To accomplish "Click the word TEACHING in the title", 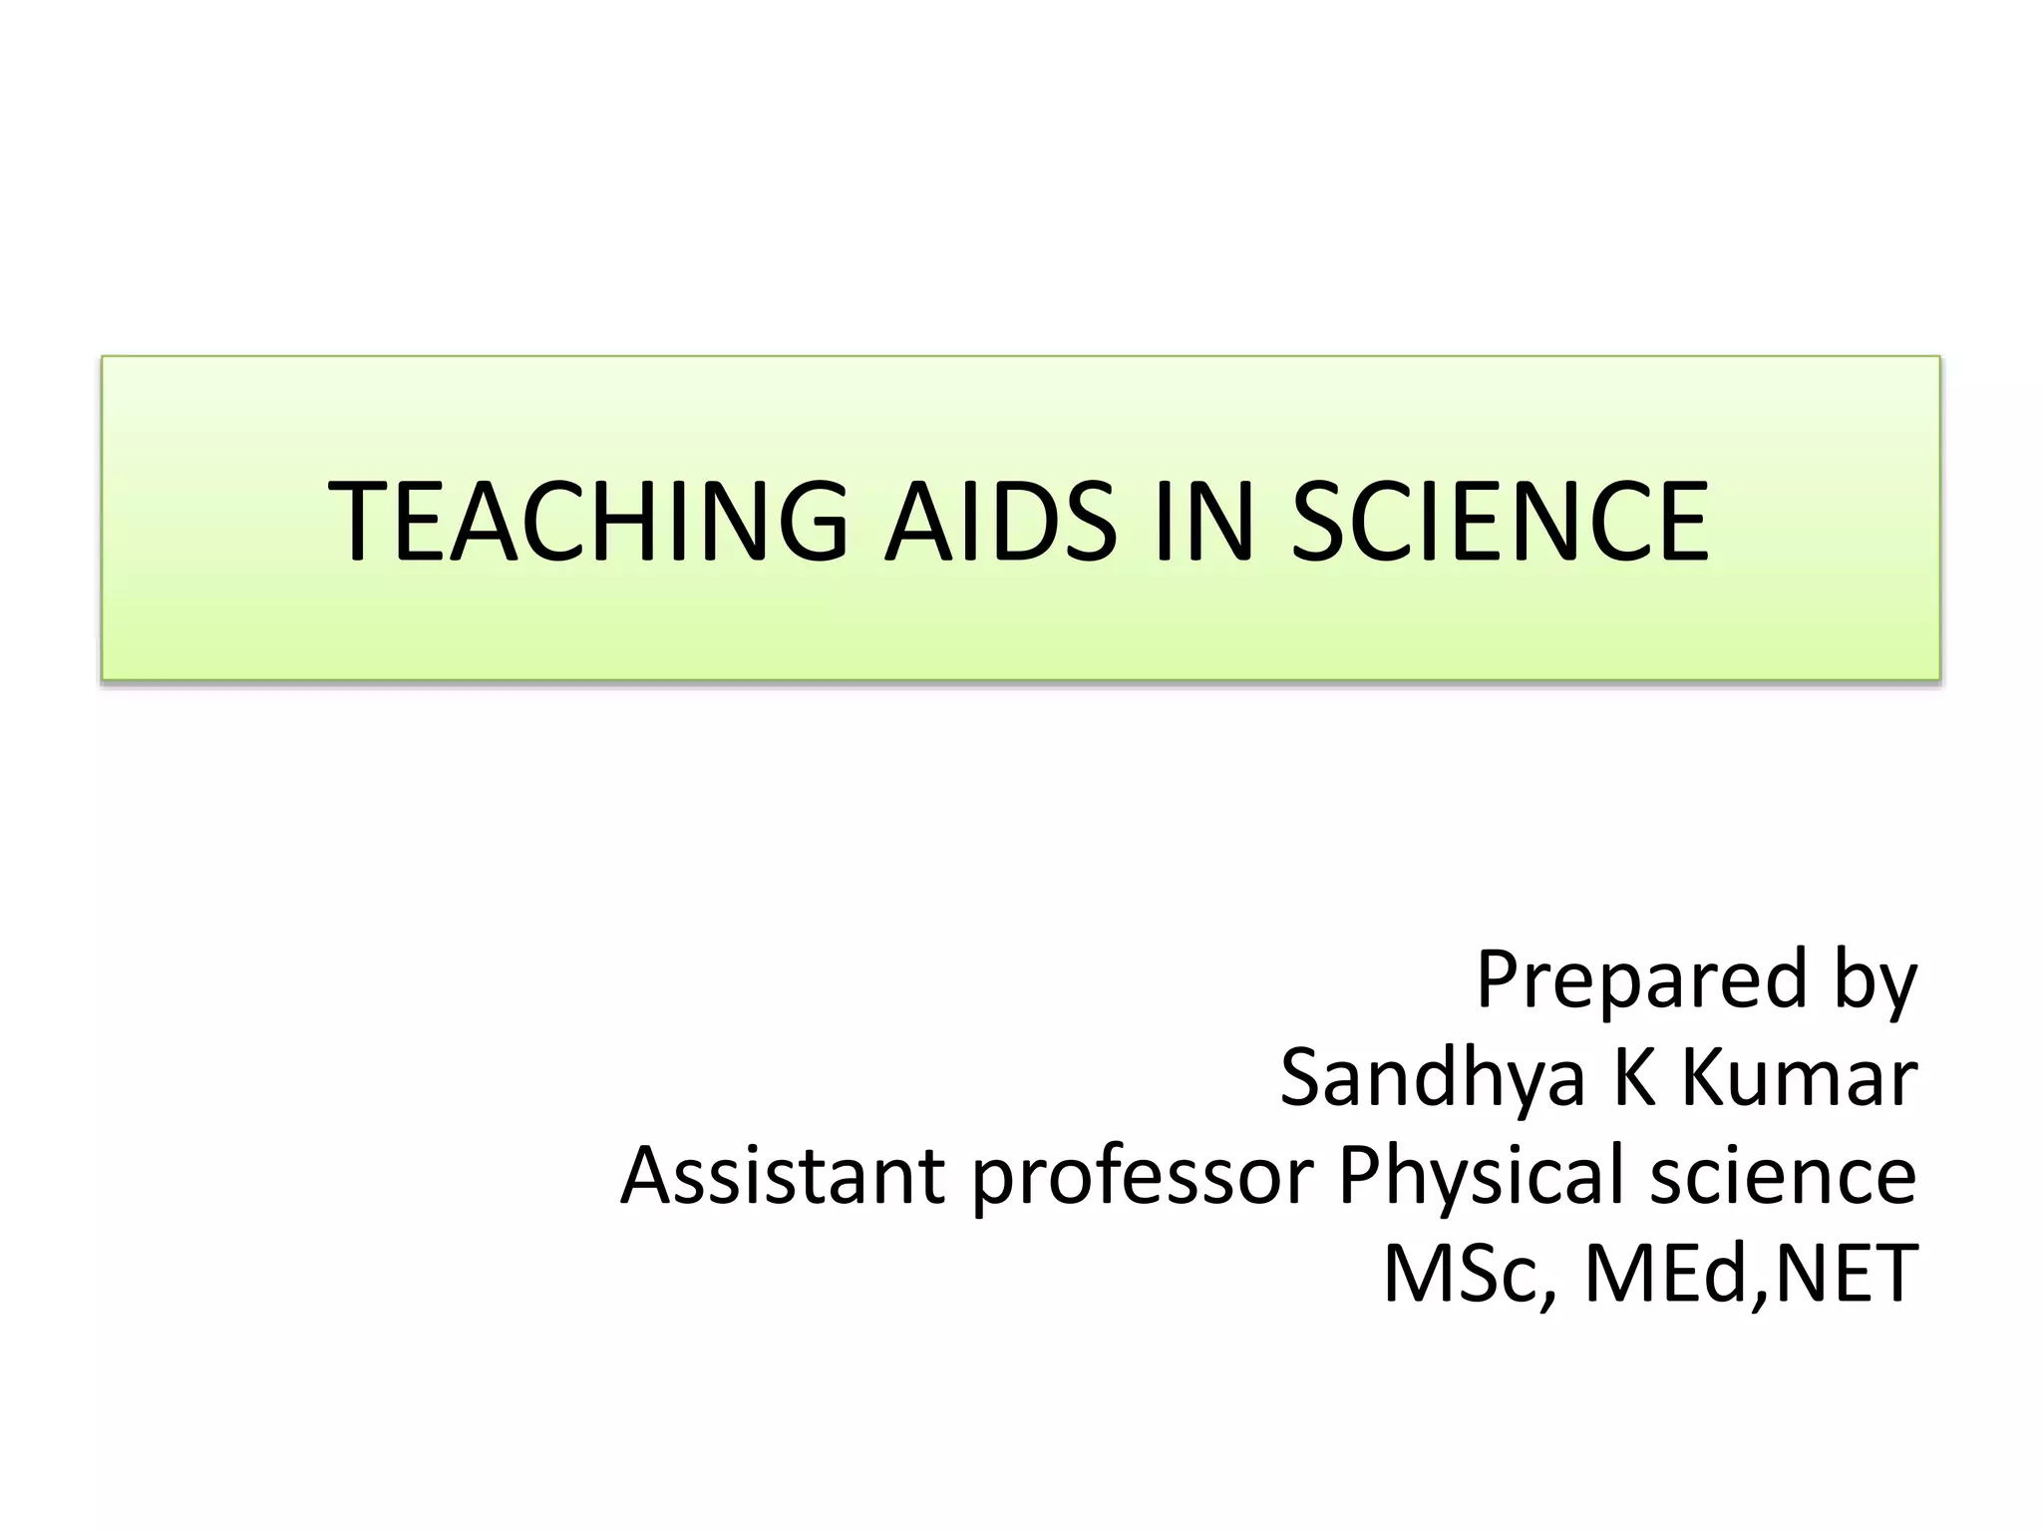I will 587,521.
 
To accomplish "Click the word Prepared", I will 1641,979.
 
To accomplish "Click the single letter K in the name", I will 1634,1077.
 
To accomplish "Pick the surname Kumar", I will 1798,1077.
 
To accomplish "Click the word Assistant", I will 783,1175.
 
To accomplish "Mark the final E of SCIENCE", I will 1679,521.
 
